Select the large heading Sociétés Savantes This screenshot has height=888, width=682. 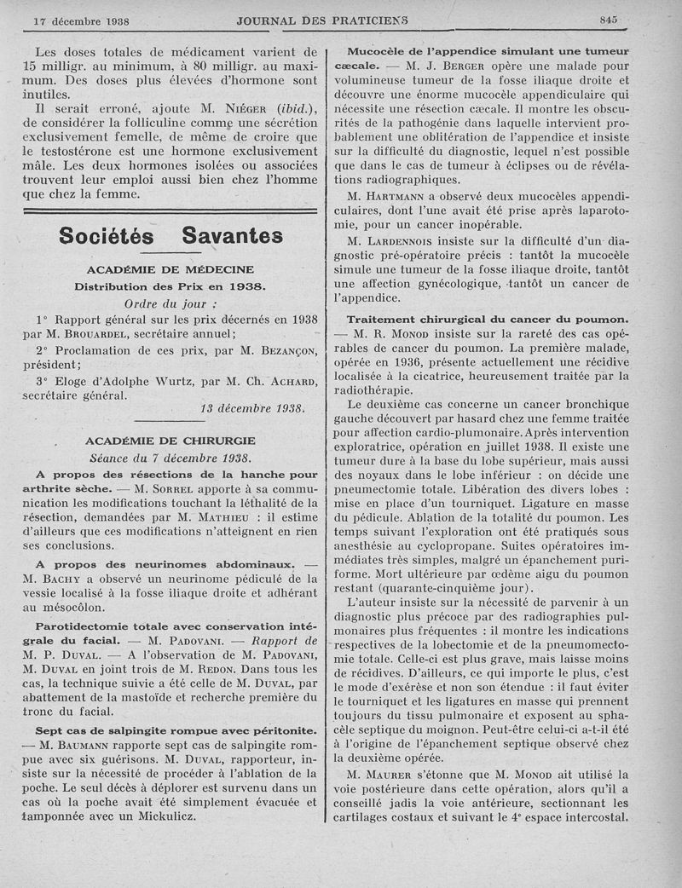click(171, 236)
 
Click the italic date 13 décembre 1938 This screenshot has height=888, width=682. click(252, 408)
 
